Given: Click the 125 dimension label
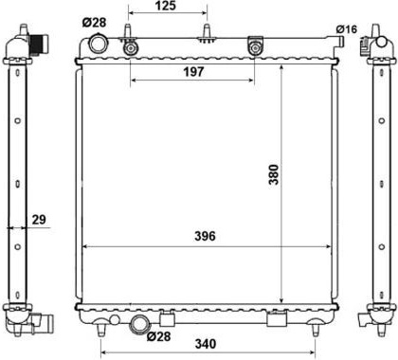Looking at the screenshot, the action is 166,6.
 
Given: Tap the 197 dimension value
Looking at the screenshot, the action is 193,72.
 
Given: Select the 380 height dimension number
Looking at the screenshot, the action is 274,174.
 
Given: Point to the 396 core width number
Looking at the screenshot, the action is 205,236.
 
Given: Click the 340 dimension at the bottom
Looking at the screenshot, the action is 206,344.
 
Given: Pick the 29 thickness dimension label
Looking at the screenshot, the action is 39,219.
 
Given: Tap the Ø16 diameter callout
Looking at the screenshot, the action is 347,29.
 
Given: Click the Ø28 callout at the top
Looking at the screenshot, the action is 95,23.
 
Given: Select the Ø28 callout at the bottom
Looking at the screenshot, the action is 158,336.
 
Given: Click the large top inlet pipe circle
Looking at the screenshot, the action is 99,45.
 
